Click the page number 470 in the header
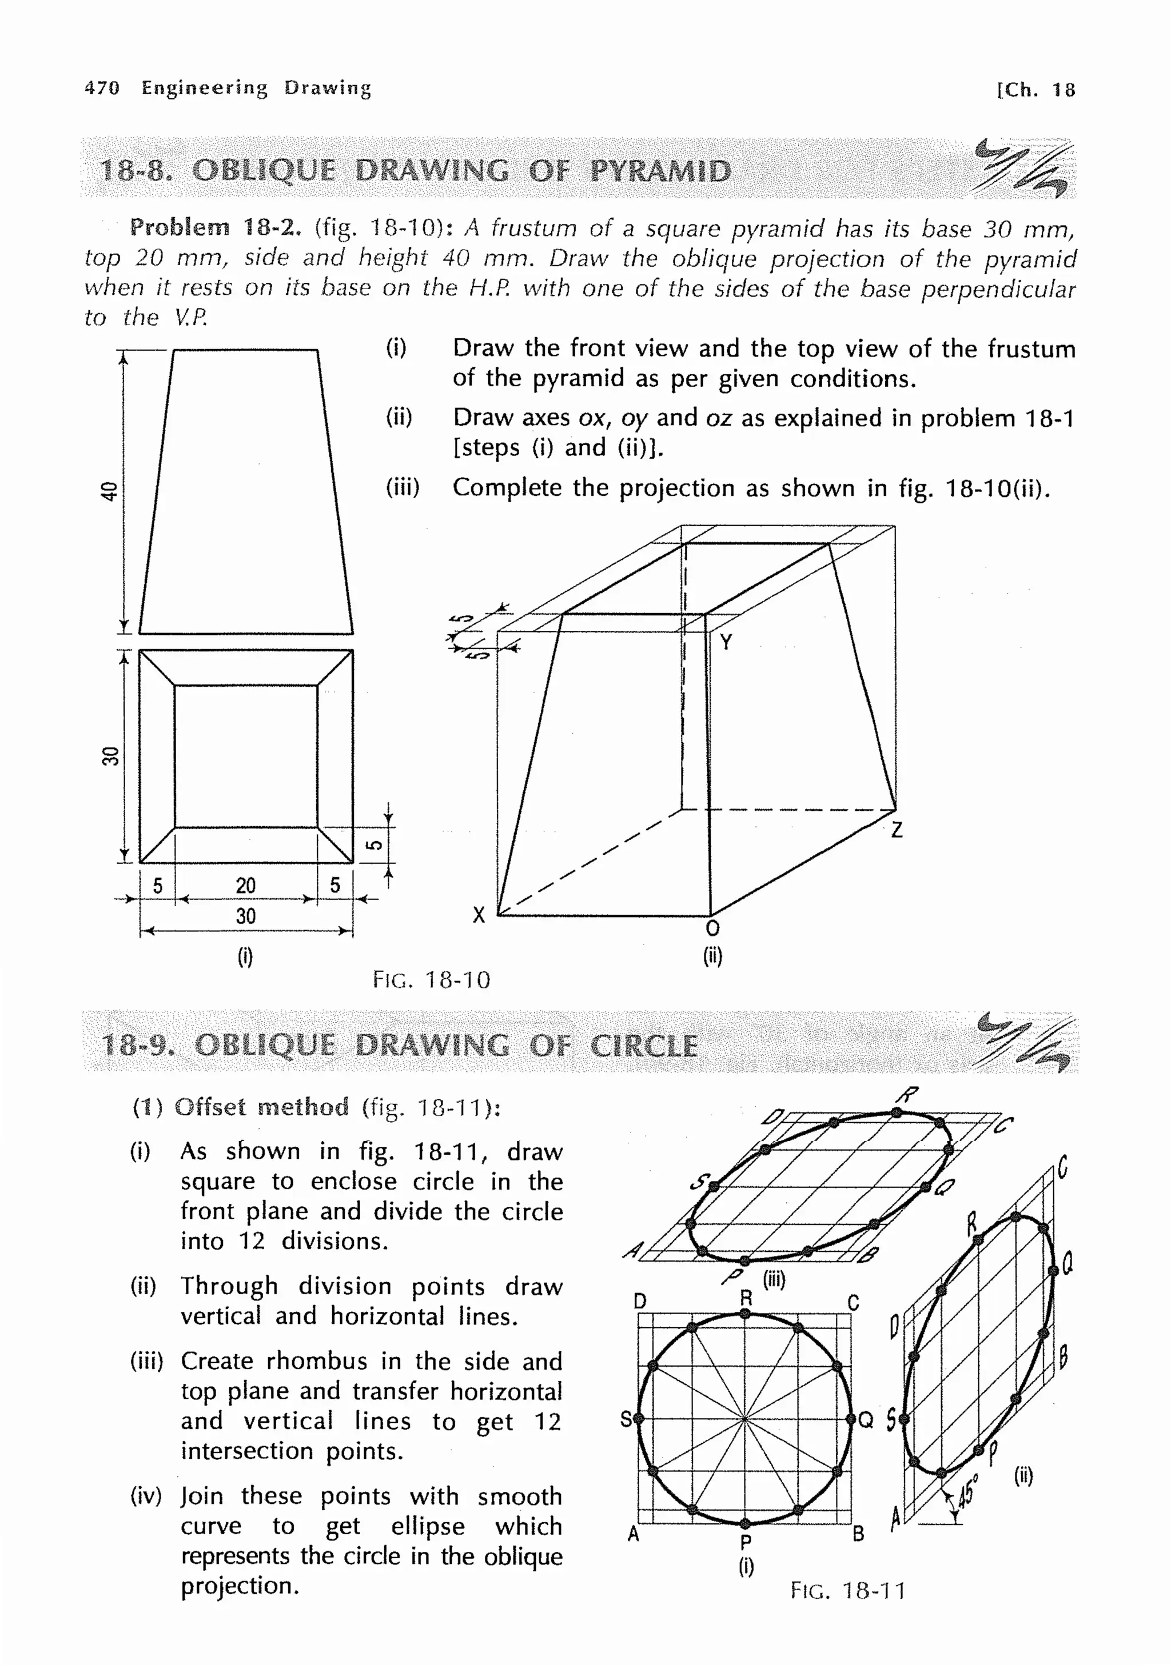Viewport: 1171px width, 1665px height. coord(102,88)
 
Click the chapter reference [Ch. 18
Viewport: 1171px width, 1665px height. coord(1035,90)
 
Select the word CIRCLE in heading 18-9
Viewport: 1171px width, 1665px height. coord(644,1046)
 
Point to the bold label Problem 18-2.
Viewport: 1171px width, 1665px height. coord(215,228)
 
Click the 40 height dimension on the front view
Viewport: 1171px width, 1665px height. coord(109,491)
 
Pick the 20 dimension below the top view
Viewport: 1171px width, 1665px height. coord(245,886)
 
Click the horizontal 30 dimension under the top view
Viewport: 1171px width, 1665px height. coord(245,916)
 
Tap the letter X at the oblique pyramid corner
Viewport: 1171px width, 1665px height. coord(479,915)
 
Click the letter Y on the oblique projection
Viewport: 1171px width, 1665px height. coord(726,642)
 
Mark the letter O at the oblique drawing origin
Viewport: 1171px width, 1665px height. coord(712,929)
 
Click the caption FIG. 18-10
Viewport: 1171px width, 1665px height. coord(432,980)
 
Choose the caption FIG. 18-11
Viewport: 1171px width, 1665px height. coord(847,1591)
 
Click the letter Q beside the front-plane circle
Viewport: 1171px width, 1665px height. coord(866,1420)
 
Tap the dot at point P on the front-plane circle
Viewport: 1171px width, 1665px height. coord(745,1523)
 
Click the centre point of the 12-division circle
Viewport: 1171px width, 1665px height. coord(745,1418)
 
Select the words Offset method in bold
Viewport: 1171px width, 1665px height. coord(261,1107)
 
